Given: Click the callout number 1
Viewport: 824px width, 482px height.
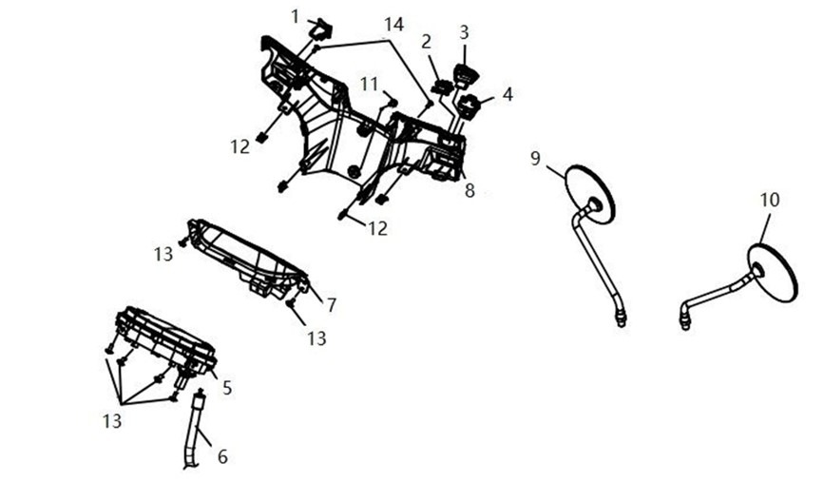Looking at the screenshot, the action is pyautogui.click(x=296, y=17).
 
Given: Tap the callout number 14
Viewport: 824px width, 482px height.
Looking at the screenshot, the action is pyautogui.click(x=393, y=24).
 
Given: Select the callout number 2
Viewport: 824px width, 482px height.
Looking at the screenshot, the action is pyautogui.click(x=426, y=42).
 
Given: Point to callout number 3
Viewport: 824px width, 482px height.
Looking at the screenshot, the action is pyautogui.click(x=464, y=32).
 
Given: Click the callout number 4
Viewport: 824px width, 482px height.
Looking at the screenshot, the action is pyautogui.click(x=508, y=95).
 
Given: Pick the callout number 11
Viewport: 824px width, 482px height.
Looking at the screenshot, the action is pyautogui.click(x=370, y=83).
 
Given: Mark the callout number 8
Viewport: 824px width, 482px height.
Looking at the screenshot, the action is pyautogui.click(x=469, y=190).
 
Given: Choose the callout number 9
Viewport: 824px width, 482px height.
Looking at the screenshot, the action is pyautogui.click(x=535, y=158).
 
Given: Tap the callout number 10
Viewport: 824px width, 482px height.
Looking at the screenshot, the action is pyautogui.click(x=770, y=200).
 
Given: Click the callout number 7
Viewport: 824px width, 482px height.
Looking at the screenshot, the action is pyautogui.click(x=331, y=305).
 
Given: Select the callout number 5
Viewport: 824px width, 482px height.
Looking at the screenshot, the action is pyautogui.click(x=227, y=388).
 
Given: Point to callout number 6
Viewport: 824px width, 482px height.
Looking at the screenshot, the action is pyautogui.click(x=222, y=456).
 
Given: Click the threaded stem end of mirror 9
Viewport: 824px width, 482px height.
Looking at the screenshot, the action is pyautogui.click(x=621, y=318).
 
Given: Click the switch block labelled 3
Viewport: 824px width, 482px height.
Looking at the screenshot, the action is pyautogui.click(x=464, y=74).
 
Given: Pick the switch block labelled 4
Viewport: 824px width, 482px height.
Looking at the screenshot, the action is pyautogui.click(x=468, y=106).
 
